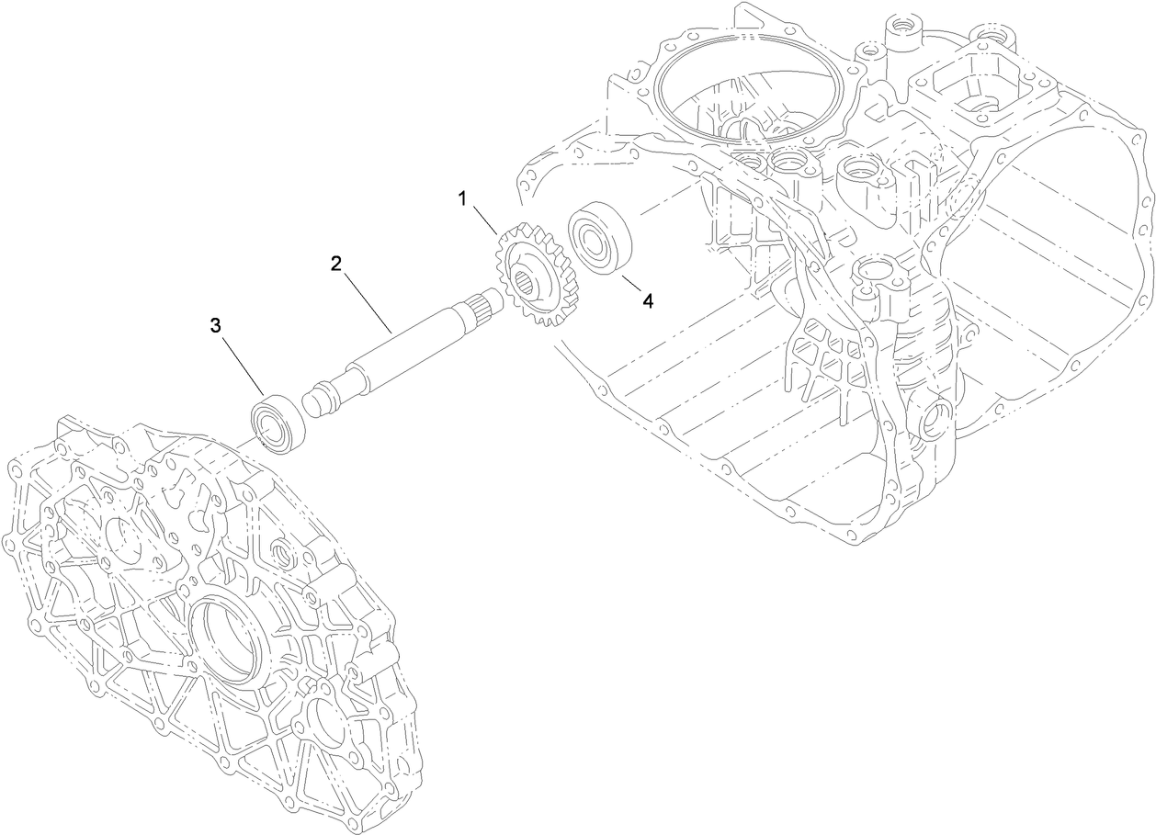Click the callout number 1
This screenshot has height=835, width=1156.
463,198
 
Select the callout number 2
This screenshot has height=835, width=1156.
336,264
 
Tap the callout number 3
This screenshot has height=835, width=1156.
216,325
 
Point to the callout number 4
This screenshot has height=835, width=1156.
647,301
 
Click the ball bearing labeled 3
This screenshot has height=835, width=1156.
277,422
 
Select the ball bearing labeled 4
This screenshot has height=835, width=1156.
598,242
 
